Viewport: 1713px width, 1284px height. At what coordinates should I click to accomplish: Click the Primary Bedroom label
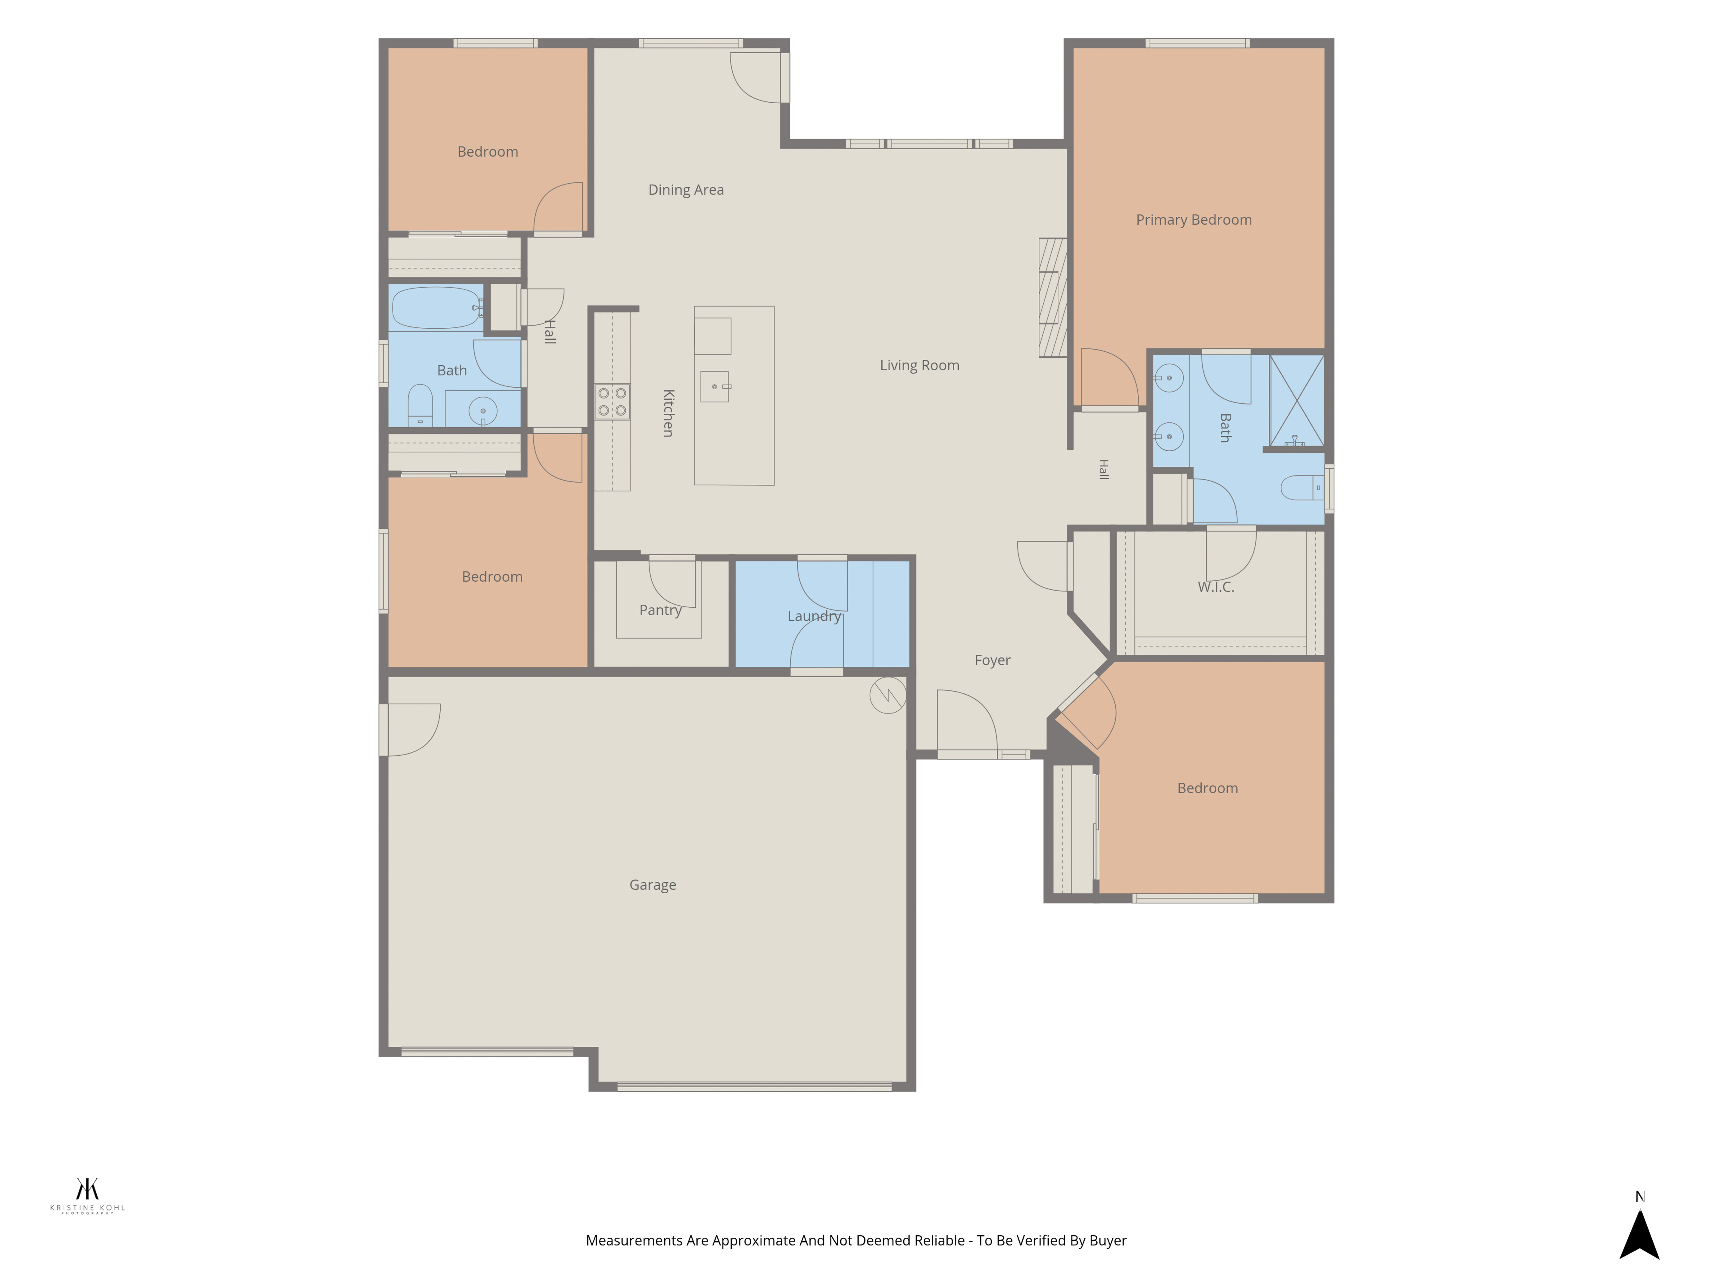click(x=1193, y=220)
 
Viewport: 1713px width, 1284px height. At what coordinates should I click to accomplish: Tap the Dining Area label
click(x=686, y=190)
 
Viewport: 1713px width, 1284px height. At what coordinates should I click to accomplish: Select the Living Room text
click(x=919, y=365)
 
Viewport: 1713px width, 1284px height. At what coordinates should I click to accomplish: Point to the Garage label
click(x=653, y=885)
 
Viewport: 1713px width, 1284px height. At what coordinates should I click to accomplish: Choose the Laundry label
click(x=814, y=616)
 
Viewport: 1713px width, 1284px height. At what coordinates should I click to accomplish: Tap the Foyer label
click(x=992, y=660)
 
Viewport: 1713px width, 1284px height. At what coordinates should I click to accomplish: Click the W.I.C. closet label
click(x=1216, y=587)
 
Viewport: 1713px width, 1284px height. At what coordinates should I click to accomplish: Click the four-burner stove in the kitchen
click(x=612, y=402)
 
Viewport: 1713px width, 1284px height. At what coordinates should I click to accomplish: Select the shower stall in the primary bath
click(x=1296, y=401)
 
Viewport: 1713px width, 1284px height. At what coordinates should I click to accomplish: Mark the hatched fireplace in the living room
click(x=1052, y=297)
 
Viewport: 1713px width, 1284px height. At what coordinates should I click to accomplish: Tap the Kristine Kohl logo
click(x=87, y=1196)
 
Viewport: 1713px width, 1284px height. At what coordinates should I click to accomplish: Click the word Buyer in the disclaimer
click(x=1108, y=1241)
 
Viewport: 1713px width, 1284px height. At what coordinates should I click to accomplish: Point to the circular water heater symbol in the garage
click(x=887, y=695)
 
